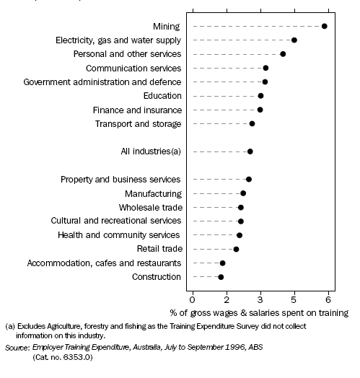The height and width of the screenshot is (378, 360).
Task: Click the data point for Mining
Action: (x=325, y=26)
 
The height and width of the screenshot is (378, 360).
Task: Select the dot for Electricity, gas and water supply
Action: (x=294, y=40)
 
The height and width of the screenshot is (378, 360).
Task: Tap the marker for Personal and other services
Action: (x=283, y=54)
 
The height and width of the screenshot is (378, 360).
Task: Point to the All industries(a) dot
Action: (x=250, y=151)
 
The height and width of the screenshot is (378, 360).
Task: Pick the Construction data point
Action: (x=221, y=277)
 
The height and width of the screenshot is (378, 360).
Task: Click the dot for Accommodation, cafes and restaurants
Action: (x=222, y=263)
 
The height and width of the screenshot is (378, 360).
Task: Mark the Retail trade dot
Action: (x=236, y=250)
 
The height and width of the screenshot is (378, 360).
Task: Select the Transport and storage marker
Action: (x=252, y=124)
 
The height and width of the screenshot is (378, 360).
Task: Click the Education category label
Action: (x=162, y=96)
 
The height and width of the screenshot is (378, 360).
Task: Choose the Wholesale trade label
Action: (x=150, y=207)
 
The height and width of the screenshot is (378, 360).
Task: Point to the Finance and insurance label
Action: (x=137, y=110)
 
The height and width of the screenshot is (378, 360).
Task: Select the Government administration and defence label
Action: (x=102, y=82)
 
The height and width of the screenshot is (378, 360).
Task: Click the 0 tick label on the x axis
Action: (x=192, y=299)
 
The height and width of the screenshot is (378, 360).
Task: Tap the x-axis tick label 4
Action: (x=260, y=299)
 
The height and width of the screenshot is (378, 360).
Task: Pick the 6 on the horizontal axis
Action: (x=328, y=299)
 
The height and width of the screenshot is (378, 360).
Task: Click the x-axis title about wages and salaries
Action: (x=259, y=313)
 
